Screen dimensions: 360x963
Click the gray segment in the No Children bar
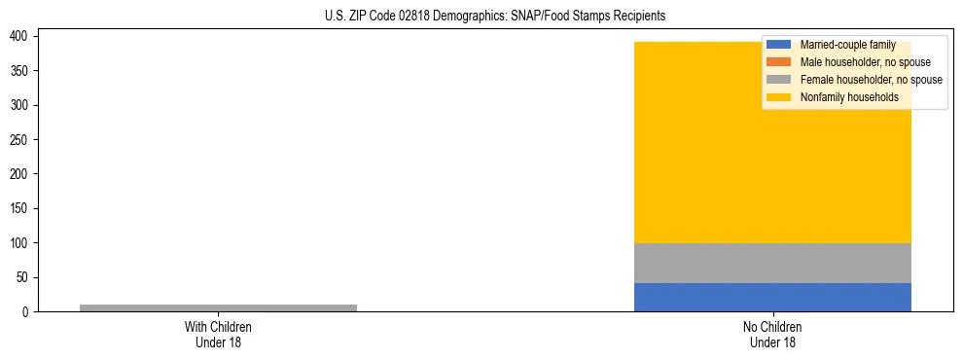[x=772, y=263]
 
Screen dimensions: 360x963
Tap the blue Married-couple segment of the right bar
[x=772, y=297]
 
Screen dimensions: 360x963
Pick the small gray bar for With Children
[x=218, y=307]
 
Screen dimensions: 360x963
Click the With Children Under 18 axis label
[x=218, y=334]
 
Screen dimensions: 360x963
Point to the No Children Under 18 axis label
[x=772, y=334]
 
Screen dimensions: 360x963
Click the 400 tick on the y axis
[x=25, y=36]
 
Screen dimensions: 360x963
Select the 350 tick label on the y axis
[x=25, y=71]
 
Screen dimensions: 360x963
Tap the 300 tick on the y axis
[x=25, y=105]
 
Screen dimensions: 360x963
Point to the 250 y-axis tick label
[x=25, y=139]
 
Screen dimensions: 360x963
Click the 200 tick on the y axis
[x=25, y=174]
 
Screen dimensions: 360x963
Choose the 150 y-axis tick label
[x=25, y=208]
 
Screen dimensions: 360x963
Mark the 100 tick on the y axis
[x=25, y=243]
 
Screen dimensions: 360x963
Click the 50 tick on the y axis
[x=28, y=277]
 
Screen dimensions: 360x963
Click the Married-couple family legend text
[x=847, y=45]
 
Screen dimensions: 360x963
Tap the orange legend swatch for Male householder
[x=779, y=62]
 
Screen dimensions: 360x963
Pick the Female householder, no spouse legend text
[x=871, y=80]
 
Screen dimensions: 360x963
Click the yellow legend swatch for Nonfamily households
[x=779, y=97]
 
